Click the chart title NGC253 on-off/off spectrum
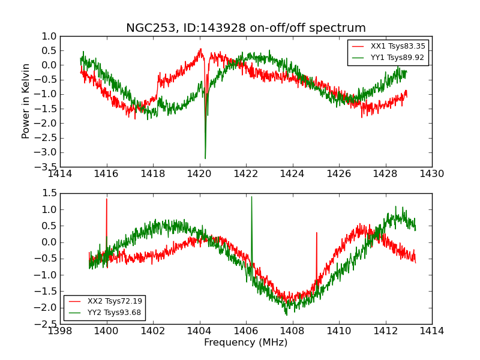[245, 28]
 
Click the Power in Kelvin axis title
[26, 101]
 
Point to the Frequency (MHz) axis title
[245, 343]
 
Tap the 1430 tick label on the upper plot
[431, 174]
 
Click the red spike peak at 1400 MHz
[107, 199]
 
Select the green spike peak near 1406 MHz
[251, 197]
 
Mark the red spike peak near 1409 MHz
[316, 232]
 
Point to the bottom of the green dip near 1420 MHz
[205, 158]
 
